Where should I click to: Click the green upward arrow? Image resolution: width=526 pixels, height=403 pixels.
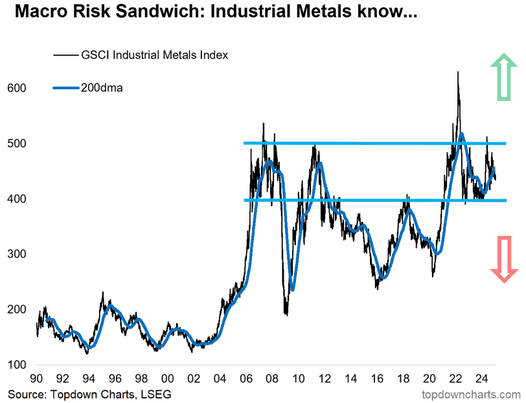pos(503,77)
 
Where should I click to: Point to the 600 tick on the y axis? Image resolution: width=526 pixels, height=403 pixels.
pos(17,87)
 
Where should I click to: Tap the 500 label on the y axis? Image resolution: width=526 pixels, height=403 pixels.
pos(17,143)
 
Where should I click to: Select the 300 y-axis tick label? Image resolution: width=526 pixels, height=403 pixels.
pos(17,254)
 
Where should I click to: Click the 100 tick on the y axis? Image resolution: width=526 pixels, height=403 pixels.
pos(17,365)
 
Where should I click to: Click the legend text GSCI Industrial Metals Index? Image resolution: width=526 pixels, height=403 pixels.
pos(154,55)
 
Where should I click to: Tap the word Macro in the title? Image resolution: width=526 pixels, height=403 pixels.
pos(38,12)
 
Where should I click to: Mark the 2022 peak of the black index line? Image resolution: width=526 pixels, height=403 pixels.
pos(458,72)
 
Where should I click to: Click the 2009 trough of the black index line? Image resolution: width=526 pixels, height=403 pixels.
pos(286,314)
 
